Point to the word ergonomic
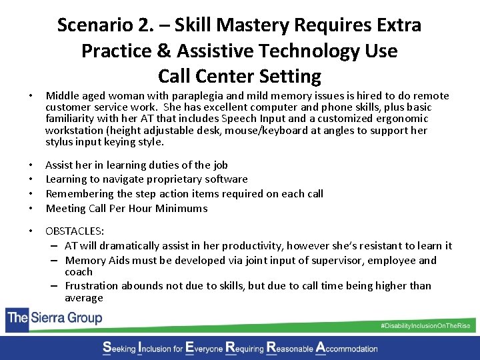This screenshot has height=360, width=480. click(x=405, y=119)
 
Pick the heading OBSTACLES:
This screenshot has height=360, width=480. click(x=74, y=231)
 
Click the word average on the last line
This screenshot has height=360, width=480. click(x=84, y=298)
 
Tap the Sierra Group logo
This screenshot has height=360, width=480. click(x=54, y=317)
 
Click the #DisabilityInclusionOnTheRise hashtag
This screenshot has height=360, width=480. click(x=425, y=325)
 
